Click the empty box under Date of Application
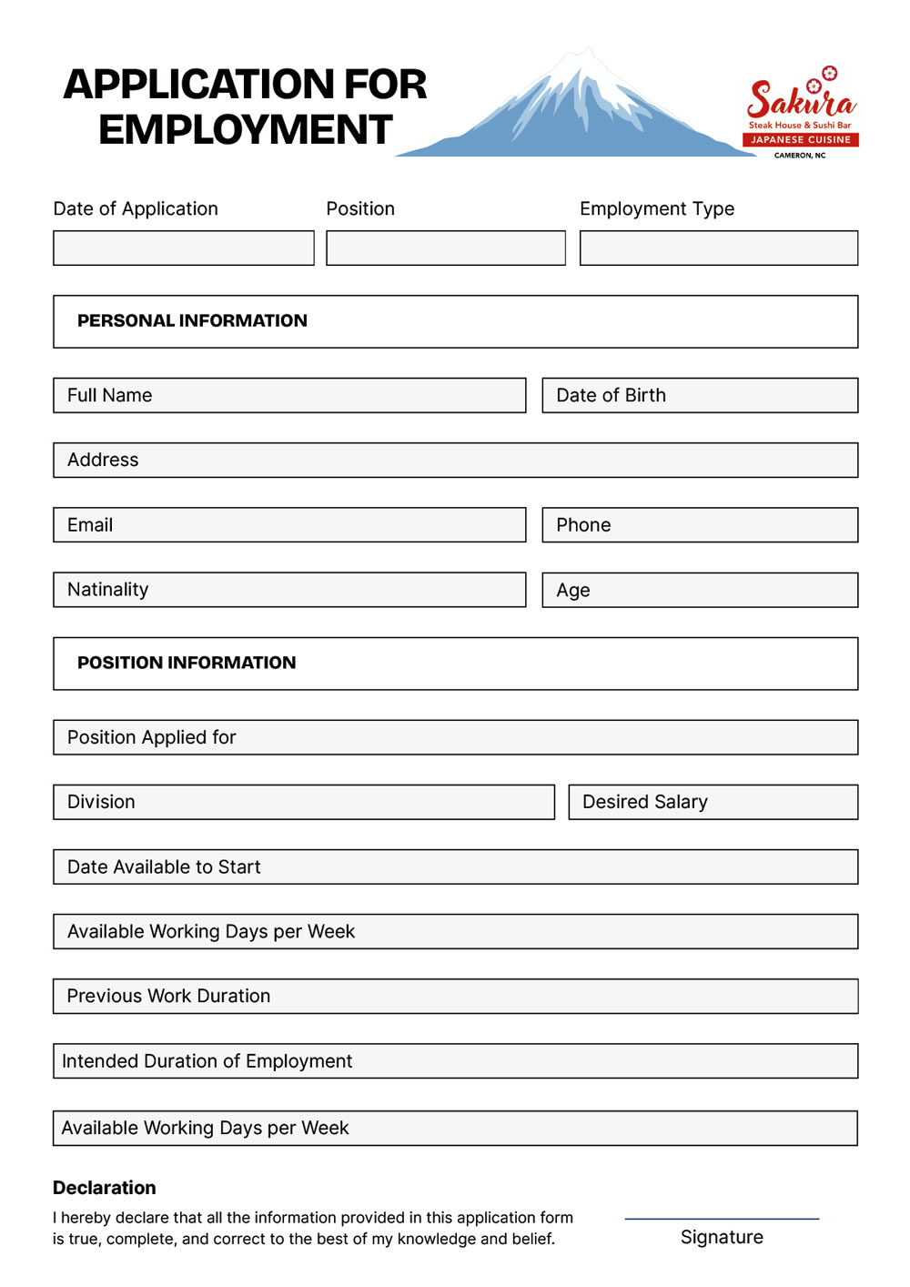(x=183, y=248)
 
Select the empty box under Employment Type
(x=718, y=248)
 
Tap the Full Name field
(x=289, y=395)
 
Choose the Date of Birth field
(x=699, y=395)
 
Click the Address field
(x=455, y=460)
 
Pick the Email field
(x=289, y=525)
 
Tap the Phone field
(x=699, y=525)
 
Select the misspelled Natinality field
(x=289, y=590)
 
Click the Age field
(x=699, y=590)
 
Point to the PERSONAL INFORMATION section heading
(x=192, y=320)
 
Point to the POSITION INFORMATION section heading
(x=187, y=663)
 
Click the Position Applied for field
(x=455, y=737)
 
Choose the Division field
(x=303, y=802)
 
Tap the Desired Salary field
(x=713, y=802)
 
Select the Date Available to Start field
(x=455, y=866)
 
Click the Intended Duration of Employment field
(x=455, y=1061)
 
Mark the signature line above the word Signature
(x=722, y=1218)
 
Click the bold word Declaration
(x=105, y=1188)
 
